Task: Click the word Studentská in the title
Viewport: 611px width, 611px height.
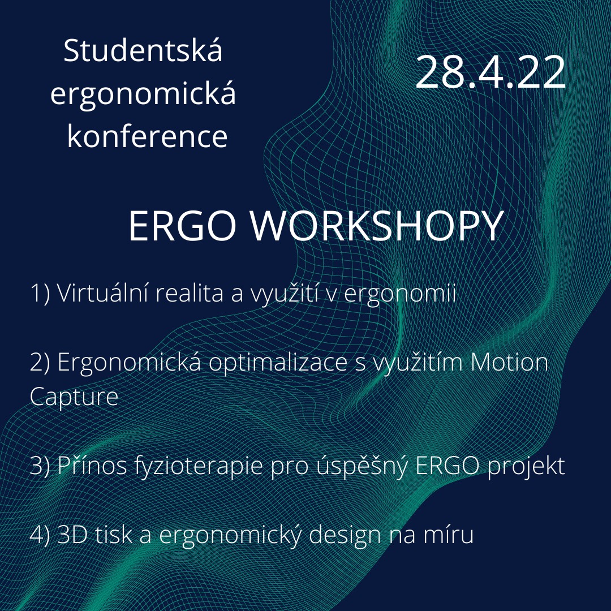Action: click(143, 50)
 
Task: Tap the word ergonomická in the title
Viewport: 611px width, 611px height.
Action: click(143, 94)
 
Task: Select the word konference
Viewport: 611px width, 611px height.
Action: click(147, 136)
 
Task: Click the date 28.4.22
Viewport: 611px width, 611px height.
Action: click(490, 72)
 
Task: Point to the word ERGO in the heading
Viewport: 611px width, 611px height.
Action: click(182, 226)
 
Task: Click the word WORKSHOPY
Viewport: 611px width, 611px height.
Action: click(377, 226)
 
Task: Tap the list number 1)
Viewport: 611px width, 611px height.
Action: click(40, 293)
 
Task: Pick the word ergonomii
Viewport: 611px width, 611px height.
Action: click(400, 295)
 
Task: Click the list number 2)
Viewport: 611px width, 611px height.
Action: click(40, 363)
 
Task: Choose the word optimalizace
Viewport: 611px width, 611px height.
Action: click(278, 364)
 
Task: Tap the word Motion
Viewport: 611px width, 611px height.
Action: click(509, 362)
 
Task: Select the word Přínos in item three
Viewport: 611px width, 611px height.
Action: click(92, 465)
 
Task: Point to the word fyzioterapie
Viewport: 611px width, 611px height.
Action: click(199, 467)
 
